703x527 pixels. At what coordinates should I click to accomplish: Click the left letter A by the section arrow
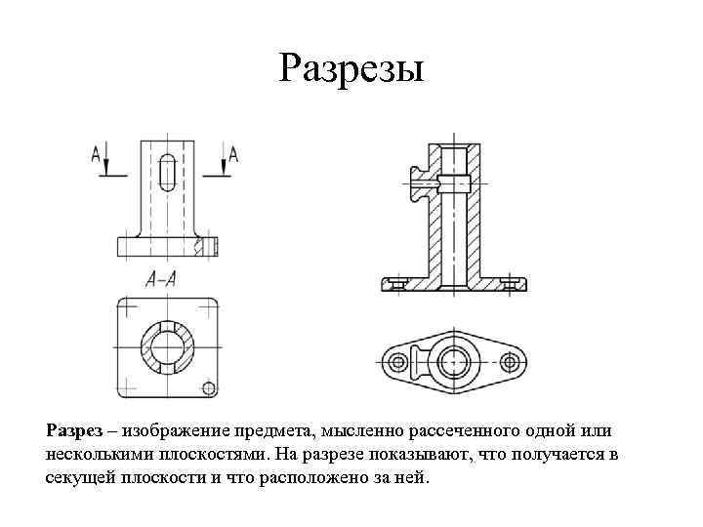96,152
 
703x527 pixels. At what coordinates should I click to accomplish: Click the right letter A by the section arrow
233,152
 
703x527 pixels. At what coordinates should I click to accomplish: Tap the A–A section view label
160,279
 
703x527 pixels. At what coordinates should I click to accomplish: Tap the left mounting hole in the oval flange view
397,362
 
